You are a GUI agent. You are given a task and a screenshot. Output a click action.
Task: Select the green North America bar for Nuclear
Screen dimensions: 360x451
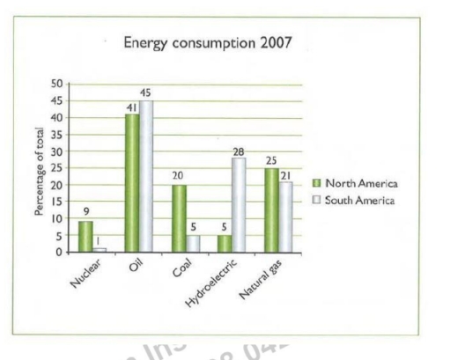coord(85,237)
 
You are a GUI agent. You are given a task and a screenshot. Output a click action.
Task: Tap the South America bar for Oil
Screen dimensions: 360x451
coord(146,176)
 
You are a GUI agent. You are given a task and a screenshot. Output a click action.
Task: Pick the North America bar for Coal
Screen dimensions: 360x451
coord(179,218)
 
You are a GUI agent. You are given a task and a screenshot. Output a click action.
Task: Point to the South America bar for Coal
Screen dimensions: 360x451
coord(193,244)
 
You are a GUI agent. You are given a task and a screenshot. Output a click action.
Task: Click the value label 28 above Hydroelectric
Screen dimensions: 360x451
coord(238,151)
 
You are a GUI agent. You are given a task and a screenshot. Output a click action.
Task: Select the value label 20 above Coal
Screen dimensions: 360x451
coord(178,175)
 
